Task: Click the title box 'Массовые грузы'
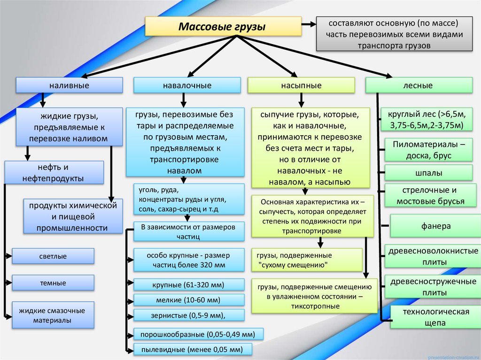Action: click(x=222, y=27)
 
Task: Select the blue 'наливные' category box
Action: click(x=70, y=85)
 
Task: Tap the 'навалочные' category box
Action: click(x=187, y=85)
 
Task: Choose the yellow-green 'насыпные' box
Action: click(x=301, y=85)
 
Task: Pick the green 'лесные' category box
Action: click(x=419, y=85)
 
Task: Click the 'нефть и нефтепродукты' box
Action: click(x=54, y=172)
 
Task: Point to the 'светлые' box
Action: click(x=53, y=256)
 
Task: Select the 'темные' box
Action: click(x=53, y=283)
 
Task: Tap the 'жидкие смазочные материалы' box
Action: click(x=53, y=315)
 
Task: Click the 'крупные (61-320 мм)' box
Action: click(x=188, y=285)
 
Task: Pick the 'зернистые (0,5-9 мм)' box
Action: click(x=188, y=315)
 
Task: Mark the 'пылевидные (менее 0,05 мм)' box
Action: click(x=193, y=349)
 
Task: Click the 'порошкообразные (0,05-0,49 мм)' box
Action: click(x=198, y=334)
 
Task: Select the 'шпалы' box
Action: click(x=428, y=173)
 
